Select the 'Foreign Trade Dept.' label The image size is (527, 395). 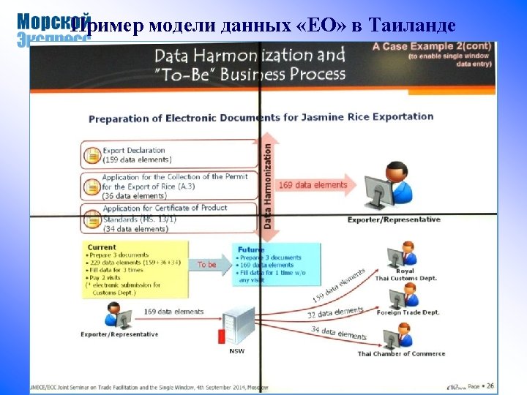(x=409, y=312)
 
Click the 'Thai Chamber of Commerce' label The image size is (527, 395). (x=401, y=354)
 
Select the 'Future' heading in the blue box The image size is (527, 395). (x=251, y=249)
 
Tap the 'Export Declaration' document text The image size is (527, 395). (x=133, y=151)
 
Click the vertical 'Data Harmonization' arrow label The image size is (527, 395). (x=267, y=187)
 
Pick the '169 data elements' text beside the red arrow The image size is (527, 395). (x=313, y=185)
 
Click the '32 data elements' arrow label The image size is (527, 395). (x=336, y=312)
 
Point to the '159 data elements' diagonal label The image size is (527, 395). (x=338, y=285)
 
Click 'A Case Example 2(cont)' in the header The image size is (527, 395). (x=432, y=46)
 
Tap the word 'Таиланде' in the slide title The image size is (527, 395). (x=414, y=27)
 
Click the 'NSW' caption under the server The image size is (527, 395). (x=238, y=350)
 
